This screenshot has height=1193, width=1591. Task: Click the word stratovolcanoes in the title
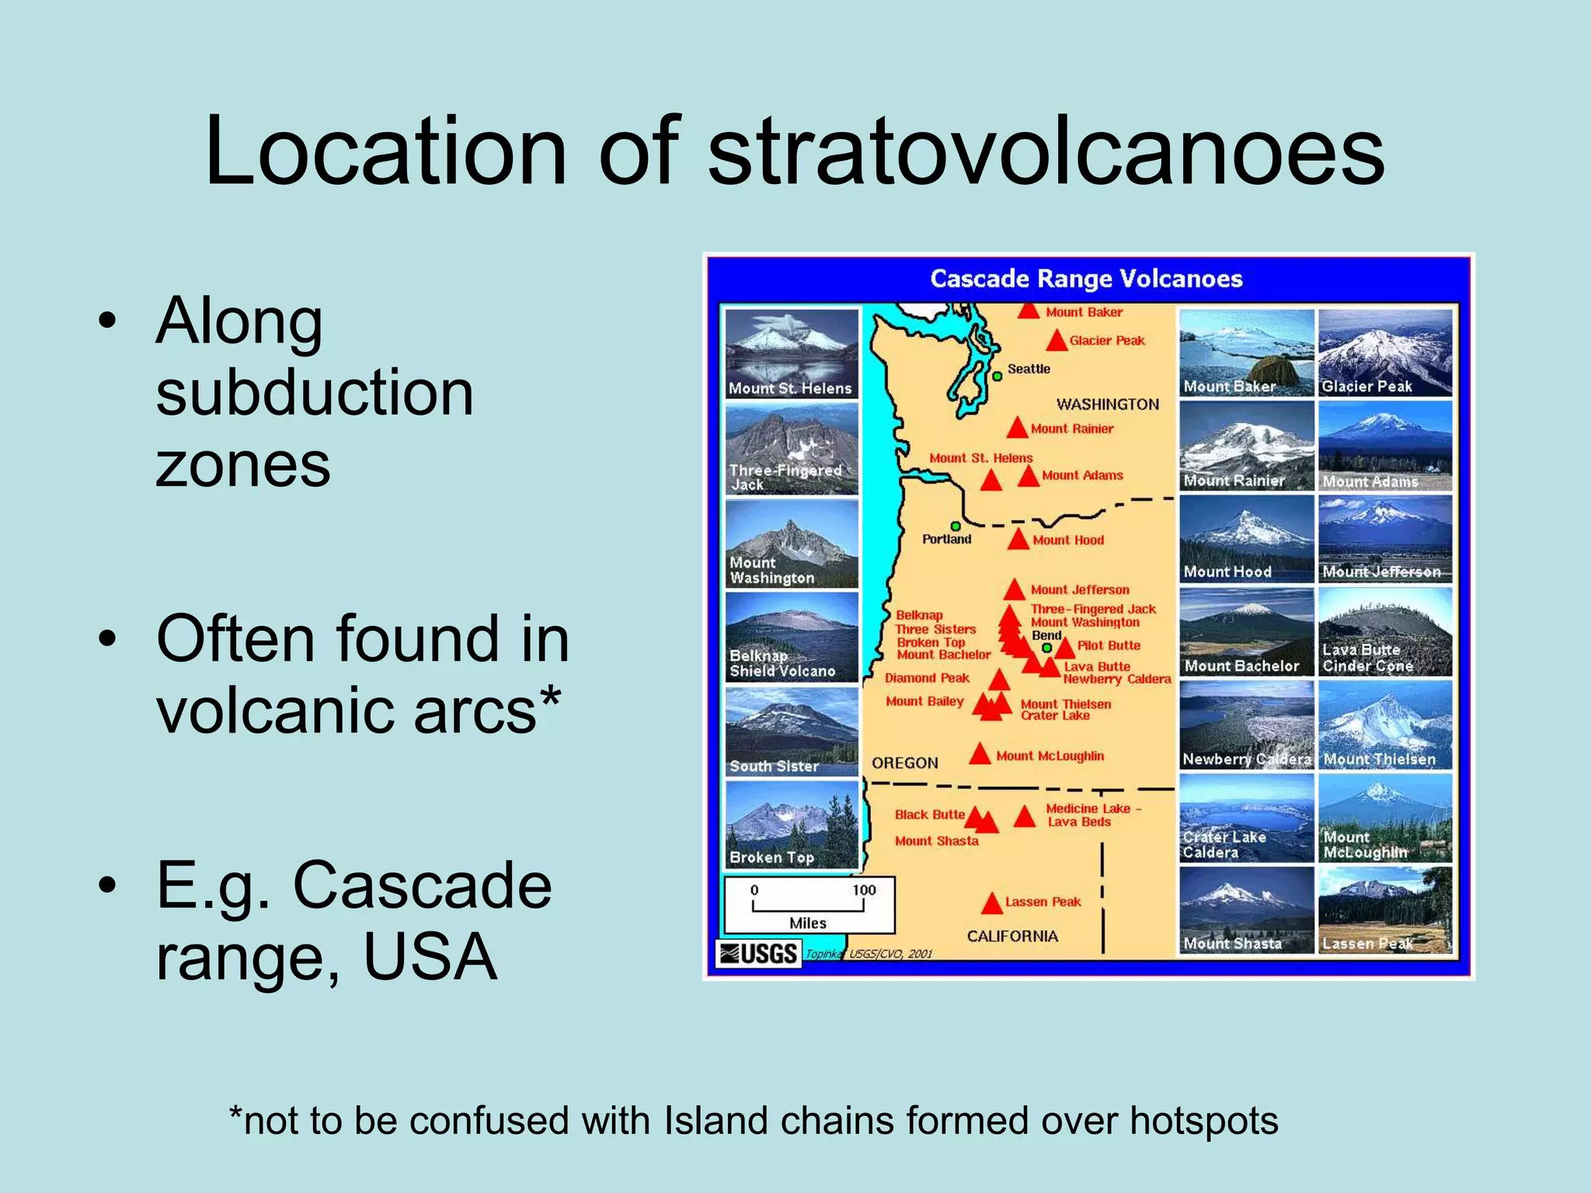1046,151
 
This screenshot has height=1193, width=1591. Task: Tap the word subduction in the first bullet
314,393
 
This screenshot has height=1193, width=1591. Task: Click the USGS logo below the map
758,953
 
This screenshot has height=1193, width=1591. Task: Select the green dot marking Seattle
997,376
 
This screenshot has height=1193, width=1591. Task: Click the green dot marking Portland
956,526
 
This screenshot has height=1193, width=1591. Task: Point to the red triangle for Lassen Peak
992,904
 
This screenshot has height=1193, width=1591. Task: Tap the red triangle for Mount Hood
1018,540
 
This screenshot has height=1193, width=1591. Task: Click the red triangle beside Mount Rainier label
1018,429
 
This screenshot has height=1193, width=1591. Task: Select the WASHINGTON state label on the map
1107,404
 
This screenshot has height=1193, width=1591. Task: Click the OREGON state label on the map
904,763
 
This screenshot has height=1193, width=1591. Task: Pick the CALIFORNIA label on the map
1012,936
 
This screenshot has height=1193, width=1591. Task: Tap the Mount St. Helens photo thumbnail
791,353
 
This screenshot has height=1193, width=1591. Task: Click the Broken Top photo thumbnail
791,825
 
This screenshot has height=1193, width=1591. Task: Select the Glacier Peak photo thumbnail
1385,353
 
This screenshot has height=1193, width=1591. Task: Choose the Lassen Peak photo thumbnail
1385,910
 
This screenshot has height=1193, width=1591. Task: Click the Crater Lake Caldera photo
1246,818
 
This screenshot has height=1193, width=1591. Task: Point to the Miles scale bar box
809,905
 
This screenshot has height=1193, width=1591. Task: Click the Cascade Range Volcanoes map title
1086,279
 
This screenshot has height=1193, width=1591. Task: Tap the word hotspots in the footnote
1203,1121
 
